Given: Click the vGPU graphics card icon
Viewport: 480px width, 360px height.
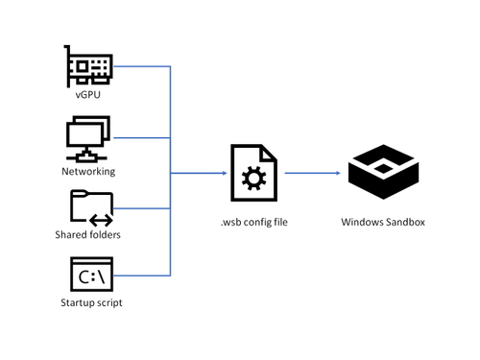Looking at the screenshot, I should [x=89, y=64].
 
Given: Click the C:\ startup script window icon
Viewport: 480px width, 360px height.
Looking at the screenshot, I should [x=91, y=276].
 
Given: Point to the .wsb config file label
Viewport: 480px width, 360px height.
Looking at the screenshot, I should [x=253, y=224].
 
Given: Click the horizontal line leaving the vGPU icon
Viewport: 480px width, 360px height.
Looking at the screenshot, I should [x=144, y=66].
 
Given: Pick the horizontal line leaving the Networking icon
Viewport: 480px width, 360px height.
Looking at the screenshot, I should [x=144, y=138].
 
